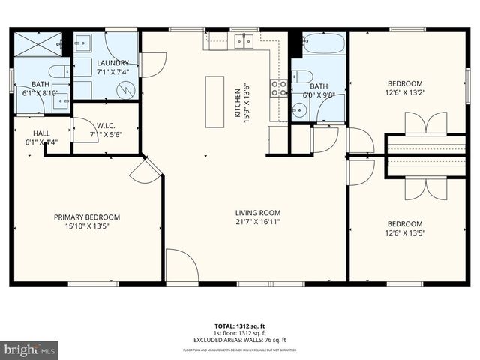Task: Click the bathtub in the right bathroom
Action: [x=323, y=44]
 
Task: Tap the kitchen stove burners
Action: [x=278, y=89]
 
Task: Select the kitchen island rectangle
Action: [x=215, y=101]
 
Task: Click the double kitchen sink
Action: [x=243, y=41]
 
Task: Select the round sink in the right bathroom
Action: [x=299, y=111]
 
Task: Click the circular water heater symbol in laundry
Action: [x=128, y=91]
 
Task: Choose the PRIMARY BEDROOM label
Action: [x=86, y=217]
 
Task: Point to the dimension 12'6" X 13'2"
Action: [x=404, y=93]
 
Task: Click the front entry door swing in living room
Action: [x=181, y=265]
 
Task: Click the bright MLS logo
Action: [x=30, y=349]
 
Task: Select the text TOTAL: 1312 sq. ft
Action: [x=240, y=325]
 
